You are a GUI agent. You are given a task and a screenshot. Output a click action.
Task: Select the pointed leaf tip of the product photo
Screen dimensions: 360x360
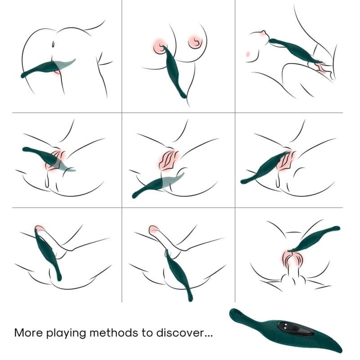point(340,350)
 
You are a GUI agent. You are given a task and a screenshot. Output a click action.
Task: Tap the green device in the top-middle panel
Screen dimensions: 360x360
point(173,72)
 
